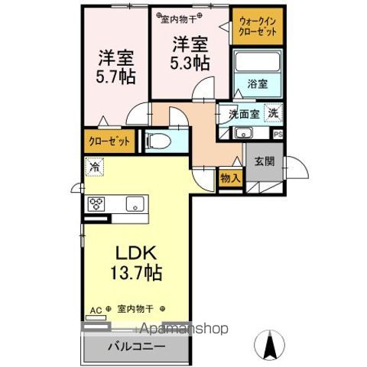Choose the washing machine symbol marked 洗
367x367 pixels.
pyautogui.click(x=272, y=114)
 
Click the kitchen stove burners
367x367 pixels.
pyautogui.click(x=98, y=204)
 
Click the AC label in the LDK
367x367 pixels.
pyautogui.click(x=96, y=309)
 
